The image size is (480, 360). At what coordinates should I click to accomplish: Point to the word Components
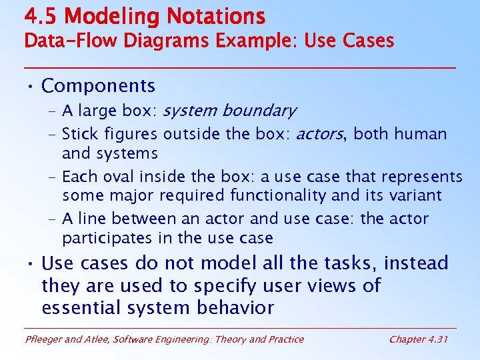click(x=98, y=86)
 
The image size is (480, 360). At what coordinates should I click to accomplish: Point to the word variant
click(x=416, y=195)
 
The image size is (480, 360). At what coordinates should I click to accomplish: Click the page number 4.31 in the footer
click(x=437, y=339)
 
